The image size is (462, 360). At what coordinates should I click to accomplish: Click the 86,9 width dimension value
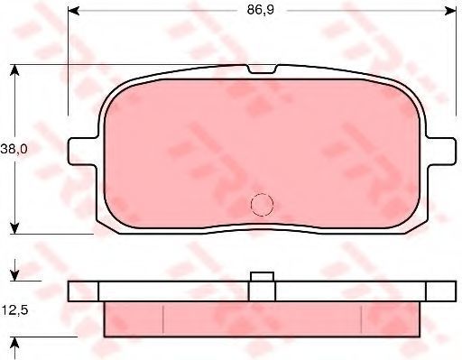point(261,10)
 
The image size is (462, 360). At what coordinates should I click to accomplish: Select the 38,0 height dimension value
point(14,149)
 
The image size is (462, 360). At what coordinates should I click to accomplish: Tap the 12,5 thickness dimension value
point(14,309)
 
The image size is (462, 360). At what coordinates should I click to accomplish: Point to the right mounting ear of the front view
point(441,151)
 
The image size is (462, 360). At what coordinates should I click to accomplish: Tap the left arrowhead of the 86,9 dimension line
point(74,11)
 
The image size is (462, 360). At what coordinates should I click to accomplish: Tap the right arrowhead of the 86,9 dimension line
point(451,11)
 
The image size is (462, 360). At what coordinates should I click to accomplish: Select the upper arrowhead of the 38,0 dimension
point(14,70)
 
